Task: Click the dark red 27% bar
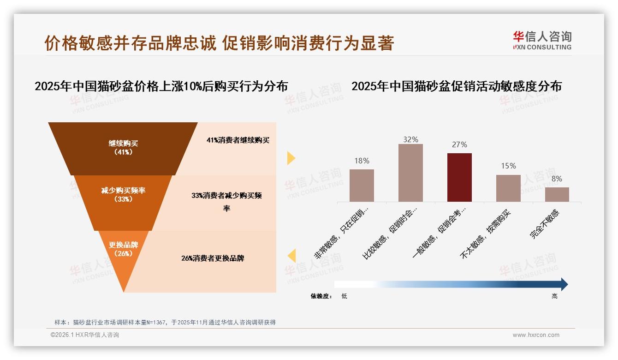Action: coord(459,177)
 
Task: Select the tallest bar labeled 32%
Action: coord(410,173)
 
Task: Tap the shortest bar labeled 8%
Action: coord(557,194)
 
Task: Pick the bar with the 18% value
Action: coord(362,185)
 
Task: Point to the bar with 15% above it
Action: coord(508,188)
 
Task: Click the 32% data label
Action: coord(410,139)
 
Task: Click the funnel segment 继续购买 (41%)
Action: coord(123,148)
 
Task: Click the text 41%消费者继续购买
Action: coord(238,140)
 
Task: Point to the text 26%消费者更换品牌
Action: coord(213,258)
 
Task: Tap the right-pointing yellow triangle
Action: coord(291,158)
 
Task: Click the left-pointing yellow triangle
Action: coord(291,256)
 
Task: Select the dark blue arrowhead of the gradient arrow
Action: coord(564,284)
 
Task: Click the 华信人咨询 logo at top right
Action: coord(542,41)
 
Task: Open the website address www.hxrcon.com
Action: coord(536,335)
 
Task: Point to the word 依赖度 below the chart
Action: coord(321,296)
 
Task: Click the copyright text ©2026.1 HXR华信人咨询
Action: coord(85,335)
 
